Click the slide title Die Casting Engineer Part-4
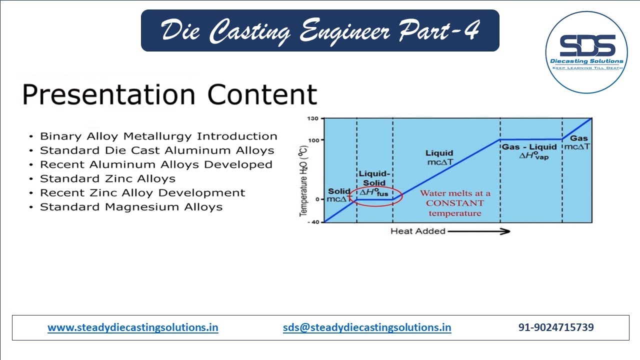(320, 31)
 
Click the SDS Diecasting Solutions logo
(586, 52)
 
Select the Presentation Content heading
(170, 94)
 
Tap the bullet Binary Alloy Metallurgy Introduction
(158, 136)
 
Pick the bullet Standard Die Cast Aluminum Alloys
(157, 150)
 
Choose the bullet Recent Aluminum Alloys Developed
(156, 164)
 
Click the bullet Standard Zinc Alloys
(107, 178)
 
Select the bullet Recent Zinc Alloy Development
(142, 192)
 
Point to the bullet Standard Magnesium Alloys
(131, 207)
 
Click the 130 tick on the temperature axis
(313, 118)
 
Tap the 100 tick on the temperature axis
(313, 140)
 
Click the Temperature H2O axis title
(303, 184)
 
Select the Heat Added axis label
(417, 231)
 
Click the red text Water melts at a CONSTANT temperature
(455, 203)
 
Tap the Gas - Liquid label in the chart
(529, 147)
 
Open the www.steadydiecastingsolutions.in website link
(133, 327)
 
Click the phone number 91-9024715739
(556, 327)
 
